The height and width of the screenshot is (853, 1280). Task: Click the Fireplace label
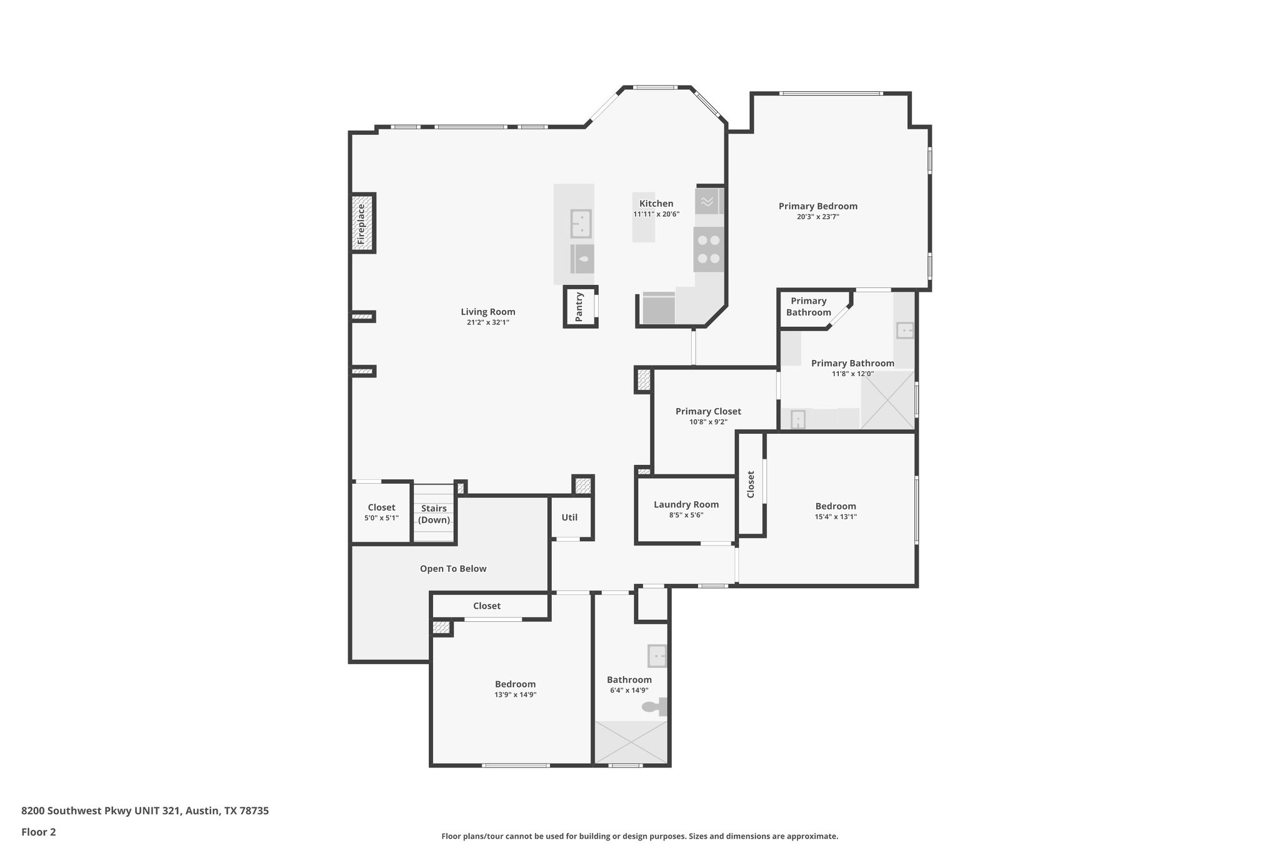[x=361, y=224]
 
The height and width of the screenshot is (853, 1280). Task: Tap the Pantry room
[x=579, y=307]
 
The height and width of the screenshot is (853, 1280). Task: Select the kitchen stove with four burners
[x=709, y=249]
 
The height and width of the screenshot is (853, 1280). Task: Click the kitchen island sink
[x=581, y=224]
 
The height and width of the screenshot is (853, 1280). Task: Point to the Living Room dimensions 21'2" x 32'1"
[x=487, y=322]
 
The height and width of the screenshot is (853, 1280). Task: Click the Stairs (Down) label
[x=434, y=514]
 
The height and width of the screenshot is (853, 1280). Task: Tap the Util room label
[x=569, y=517]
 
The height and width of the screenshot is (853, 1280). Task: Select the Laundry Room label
[x=686, y=504]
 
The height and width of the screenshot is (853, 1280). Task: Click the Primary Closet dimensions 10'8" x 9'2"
[x=708, y=422]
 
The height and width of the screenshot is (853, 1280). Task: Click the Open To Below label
[x=452, y=569]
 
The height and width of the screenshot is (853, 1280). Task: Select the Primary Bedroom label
[x=817, y=206]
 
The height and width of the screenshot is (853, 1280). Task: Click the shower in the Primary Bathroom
[x=887, y=400]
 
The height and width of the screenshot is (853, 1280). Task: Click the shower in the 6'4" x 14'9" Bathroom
[x=630, y=742]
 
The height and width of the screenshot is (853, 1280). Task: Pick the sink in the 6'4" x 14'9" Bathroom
[x=657, y=656]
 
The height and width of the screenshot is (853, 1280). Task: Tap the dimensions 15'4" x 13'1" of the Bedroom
[x=836, y=517]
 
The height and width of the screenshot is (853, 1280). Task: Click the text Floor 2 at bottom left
[x=39, y=832]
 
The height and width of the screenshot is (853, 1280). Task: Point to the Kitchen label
[x=656, y=204]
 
